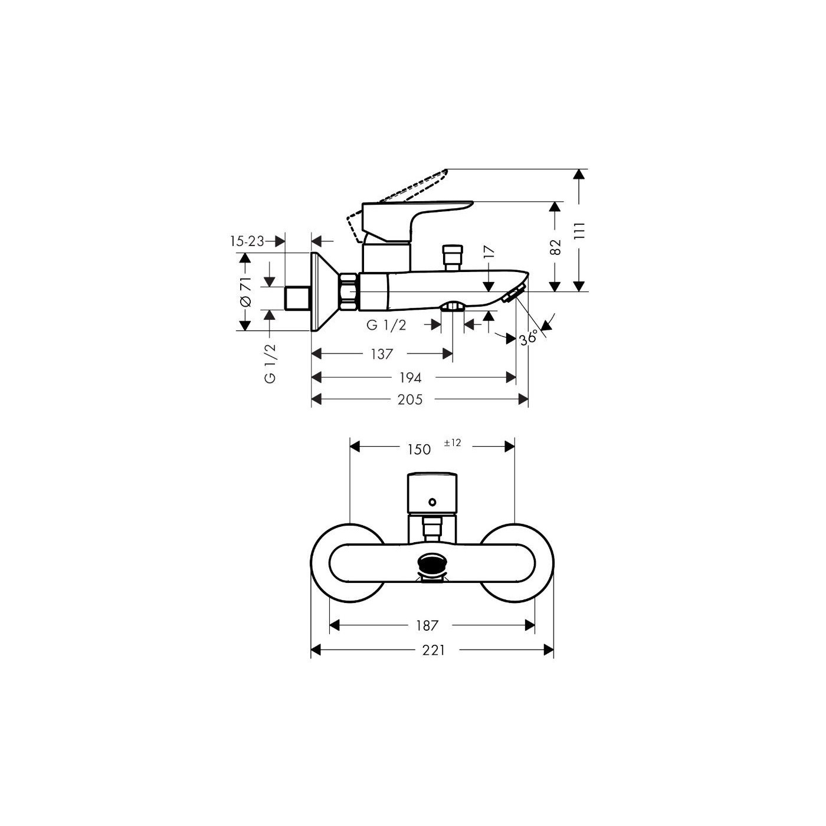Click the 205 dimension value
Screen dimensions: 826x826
point(410,399)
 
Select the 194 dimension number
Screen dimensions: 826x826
point(410,378)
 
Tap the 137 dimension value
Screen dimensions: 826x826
point(382,354)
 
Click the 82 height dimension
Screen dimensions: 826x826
point(555,247)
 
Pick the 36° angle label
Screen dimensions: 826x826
point(528,337)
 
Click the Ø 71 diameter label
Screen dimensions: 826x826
point(245,291)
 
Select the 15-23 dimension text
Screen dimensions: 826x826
point(247,241)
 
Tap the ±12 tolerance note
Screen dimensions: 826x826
point(452,442)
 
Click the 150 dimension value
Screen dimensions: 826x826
point(419,449)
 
